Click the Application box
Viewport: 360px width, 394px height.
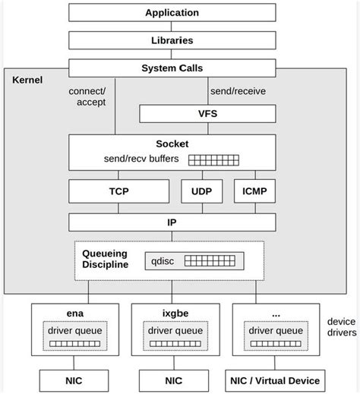coord(172,12)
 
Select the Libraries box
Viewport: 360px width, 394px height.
coord(172,39)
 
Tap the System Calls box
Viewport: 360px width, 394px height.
coord(172,68)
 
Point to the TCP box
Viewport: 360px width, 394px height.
coord(118,191)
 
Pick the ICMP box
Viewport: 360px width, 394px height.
coord(253,191)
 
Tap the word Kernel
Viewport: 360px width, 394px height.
coord(27,79)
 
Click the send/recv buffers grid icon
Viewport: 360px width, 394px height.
coord(213,160)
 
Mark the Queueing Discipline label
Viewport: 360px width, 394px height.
coord(105,259)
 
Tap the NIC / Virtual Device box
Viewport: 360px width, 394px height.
coord(275,379)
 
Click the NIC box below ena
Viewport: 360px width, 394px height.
coord(72,379)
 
